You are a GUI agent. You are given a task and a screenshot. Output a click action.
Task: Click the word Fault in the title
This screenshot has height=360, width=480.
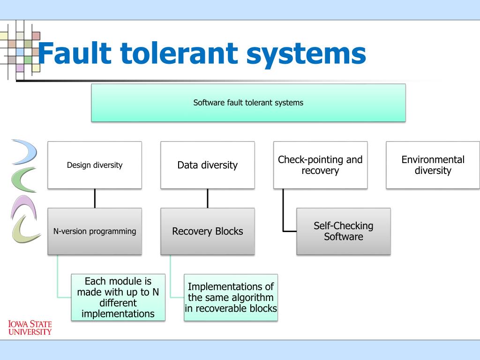point(75,53)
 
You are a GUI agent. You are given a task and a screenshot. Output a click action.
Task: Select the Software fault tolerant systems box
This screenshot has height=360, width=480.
point(248,103)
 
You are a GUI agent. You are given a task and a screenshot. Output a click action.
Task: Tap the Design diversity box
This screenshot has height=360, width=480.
point(95,165)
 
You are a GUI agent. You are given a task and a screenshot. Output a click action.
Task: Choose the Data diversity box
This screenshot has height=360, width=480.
point(208,165)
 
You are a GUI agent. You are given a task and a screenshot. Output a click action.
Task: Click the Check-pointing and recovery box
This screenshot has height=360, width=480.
point(320,165)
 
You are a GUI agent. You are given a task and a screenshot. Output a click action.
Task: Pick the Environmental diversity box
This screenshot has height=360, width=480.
point(433,165)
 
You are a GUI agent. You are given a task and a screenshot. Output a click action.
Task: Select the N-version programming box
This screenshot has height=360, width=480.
point(95,232)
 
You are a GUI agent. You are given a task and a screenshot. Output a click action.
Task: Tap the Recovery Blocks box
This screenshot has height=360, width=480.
point(208,232)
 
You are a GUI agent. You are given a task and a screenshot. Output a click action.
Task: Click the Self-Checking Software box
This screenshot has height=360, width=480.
point(344,232)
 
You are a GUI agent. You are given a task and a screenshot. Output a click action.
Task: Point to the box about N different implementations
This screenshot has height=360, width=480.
point(118,298)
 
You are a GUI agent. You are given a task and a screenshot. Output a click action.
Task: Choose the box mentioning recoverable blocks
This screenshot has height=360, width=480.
point(231,298)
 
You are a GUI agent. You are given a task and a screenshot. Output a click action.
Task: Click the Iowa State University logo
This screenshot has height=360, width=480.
point(30,328)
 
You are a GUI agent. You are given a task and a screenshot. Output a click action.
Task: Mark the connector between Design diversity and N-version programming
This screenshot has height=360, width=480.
point(95,198)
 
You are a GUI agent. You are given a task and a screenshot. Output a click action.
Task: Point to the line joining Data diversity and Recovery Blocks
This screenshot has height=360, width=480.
point(208,198)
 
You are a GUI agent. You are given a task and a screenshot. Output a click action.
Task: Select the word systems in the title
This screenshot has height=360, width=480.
point(306,54)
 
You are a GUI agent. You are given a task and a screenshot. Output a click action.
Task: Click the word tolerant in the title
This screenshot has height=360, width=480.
point(179,53)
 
